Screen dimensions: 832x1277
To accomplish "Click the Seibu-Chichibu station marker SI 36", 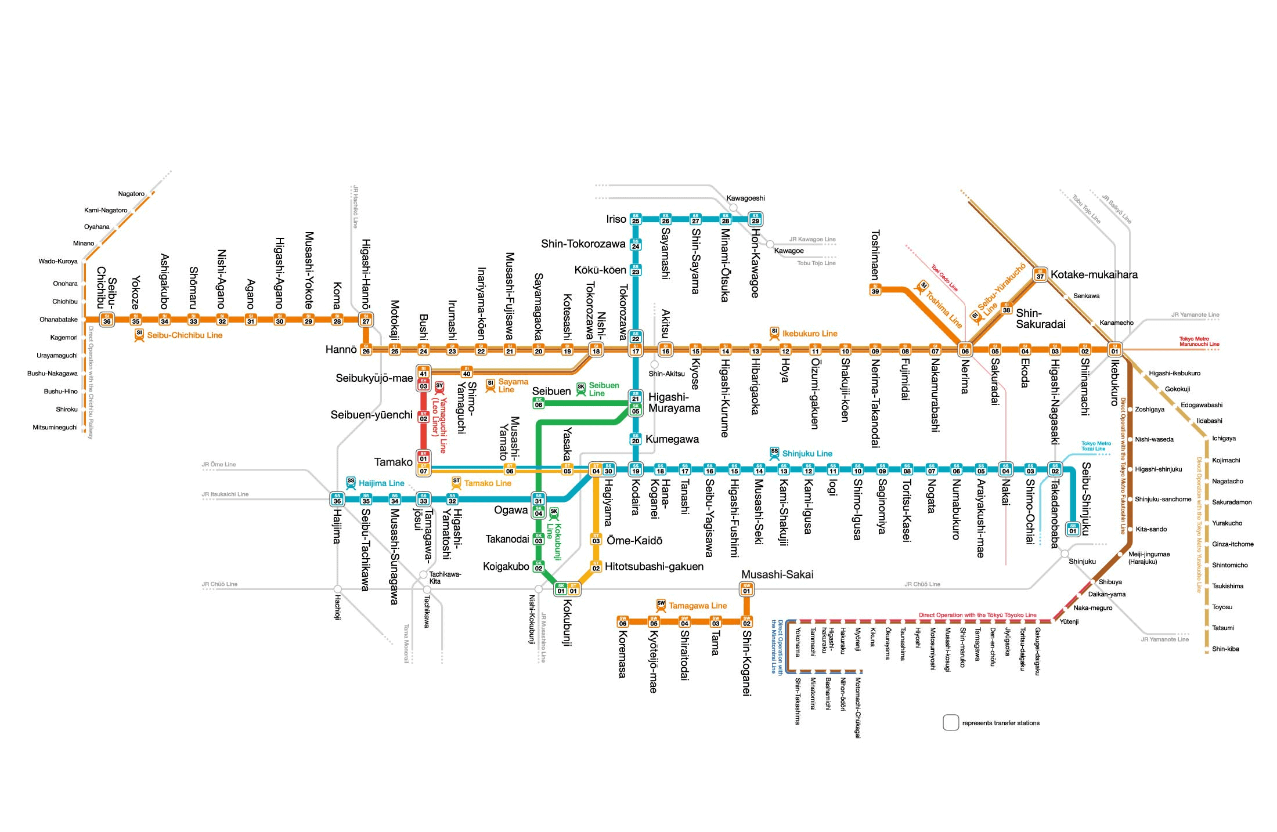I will pyautogui.click(x=107, y=320).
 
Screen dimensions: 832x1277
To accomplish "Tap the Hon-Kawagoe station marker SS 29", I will pyautogui.click(x=755, y=219).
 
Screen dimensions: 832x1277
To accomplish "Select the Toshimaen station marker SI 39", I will pyautogui.click(x=875, y=289).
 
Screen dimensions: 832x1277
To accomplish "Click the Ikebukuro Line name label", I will pyautogui.click(x=809, y=334).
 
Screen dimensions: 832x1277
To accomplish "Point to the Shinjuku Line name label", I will pyautogui.click(x=807, y=454).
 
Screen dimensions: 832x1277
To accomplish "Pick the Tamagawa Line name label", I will pyautogui.click(x=697, y=606).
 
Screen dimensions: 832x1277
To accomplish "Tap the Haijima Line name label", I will pyautogui.click(x=381, y=483).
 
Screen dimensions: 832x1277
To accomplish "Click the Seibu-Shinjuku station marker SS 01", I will pyautogui.click(x=1073, y=529).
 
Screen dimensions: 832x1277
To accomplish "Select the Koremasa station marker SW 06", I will pyautogui.click(x=623, y=622).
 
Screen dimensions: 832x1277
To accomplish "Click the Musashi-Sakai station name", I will pyautogui.click(x=777, y=574).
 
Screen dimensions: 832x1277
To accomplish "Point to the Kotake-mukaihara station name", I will pyautogui.click(x=1094, y=274).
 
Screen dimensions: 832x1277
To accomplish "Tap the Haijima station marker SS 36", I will pyautogui.click(x=337, y=499).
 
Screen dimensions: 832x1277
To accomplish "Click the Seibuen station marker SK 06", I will pyautogui.click(x=539, y=403).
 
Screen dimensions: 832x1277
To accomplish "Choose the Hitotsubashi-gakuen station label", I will pyautogui.click(x=654, y=566).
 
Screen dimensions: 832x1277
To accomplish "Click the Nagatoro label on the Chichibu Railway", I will pyautogui.click(x=131, y=194).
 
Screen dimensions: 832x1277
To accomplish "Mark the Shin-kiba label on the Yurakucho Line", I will pyautogui.click(x=1225, y=649).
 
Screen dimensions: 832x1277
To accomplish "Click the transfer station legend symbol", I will pyautogui.click(x=951, y=722).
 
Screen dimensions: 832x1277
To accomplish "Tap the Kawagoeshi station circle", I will pyautogui.click(x=733, y=208).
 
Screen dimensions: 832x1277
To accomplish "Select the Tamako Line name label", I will pyautogui.click(x=487, y=483).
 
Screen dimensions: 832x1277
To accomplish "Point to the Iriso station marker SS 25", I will pyautogui.click(x=636, y=219).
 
